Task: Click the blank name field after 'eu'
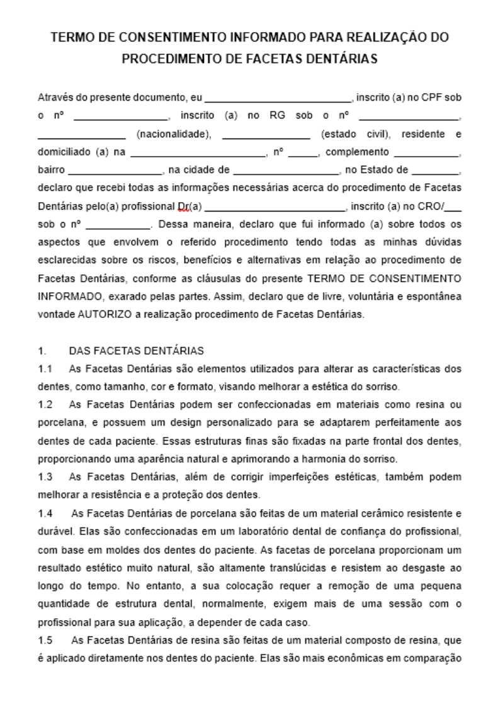click(x=278, y=99)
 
